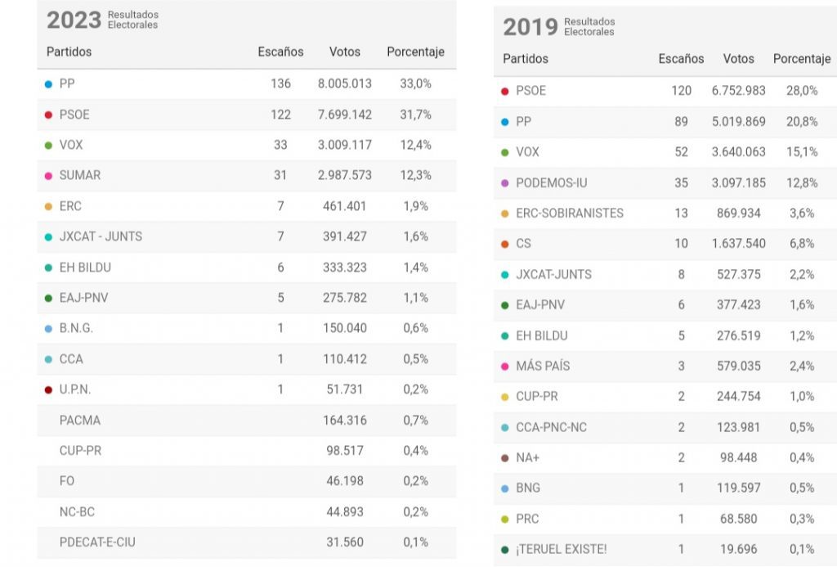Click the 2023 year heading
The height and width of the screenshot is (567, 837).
tap(74, 20)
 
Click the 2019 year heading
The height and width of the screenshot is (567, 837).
tap(530, 27)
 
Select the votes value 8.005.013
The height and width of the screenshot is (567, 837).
tap(344, 83)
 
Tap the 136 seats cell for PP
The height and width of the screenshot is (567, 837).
tap(280, 83)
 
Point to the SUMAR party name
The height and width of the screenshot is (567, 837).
tap(80, 175)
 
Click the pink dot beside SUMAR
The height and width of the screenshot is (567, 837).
tap(48, 176)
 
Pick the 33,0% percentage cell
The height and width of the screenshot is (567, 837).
tap(414, 83)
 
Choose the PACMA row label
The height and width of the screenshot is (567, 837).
tap(80, 420)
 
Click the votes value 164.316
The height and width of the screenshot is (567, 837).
tap(346, 420)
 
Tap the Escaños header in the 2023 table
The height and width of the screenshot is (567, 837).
tap(280, 52)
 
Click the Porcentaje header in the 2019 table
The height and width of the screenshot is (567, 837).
tap(801, 59)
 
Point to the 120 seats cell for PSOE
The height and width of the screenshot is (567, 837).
tap(681, 91)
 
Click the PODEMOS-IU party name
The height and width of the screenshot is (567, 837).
tap(551, 182)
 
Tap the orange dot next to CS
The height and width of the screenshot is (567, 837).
tap(504, 244)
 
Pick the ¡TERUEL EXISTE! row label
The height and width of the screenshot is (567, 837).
tap(561, 549)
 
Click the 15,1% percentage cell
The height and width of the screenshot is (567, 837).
tap(801, 152)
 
